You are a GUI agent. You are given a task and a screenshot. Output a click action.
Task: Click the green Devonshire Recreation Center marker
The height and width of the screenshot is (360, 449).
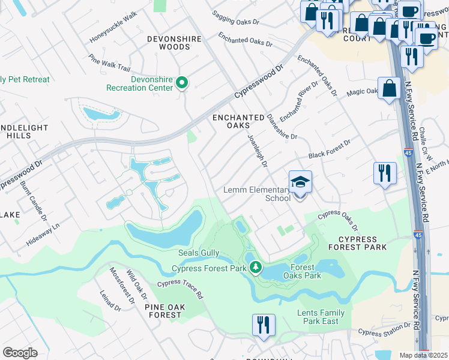click(182, 83)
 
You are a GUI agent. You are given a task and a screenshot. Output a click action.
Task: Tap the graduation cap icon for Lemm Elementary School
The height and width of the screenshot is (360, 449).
click(300, 182)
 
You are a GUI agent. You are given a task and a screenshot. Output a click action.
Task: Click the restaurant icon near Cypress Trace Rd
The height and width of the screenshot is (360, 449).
click(264, 325)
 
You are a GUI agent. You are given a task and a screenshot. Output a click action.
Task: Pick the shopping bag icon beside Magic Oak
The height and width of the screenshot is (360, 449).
click(389, 88)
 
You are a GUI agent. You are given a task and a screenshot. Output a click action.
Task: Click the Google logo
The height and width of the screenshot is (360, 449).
click(20, 353)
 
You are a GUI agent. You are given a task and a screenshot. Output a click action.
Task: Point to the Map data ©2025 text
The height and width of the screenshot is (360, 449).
click(423, 355)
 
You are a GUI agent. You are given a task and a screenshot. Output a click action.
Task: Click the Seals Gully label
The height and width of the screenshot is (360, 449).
click(199, 254)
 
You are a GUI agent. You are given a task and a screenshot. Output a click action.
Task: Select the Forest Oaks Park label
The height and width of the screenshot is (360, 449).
click(306, 272)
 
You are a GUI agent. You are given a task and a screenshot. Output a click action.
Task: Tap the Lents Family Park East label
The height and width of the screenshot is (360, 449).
click(321, 317)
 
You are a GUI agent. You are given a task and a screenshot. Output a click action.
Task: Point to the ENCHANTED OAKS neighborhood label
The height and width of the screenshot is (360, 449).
click(239, 122)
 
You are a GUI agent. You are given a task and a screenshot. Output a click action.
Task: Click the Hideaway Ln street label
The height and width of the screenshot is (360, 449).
click(43, 235)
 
